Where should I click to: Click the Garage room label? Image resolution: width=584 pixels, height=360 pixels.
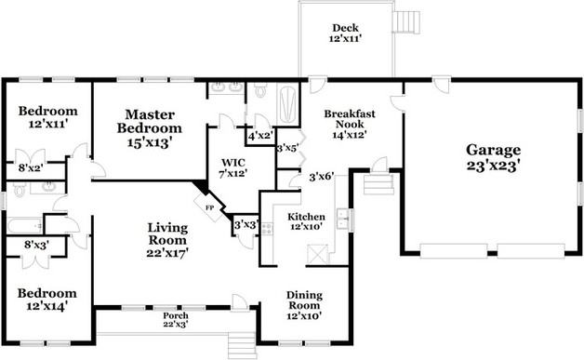[x=493, y=157]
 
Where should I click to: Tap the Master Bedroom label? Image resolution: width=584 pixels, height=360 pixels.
[x=150, y=128]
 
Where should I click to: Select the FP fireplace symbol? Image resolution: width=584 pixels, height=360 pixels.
[x=209, y=207]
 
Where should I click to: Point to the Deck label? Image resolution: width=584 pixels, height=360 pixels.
[x=345, y=33]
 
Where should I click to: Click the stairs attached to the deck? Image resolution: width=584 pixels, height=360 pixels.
[x=407, y=22]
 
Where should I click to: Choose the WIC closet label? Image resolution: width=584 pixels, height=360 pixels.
[x=233, y=167]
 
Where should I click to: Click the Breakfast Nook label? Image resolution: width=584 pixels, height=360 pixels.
[x=350, y=124]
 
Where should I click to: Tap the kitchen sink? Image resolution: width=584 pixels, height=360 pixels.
[x=343, y=218]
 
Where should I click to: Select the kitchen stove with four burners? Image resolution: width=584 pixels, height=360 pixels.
[x=267, y=229]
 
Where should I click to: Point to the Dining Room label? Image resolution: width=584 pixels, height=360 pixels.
[x=304, y=305]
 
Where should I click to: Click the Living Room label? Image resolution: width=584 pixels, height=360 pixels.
[x=167, y=240]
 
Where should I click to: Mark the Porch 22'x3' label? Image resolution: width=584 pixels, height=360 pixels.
[x=176, y=320]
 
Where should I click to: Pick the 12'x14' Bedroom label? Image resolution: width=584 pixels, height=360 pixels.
[x=47, y=300]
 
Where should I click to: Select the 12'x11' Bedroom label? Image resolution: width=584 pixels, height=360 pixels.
[x=48, y=117]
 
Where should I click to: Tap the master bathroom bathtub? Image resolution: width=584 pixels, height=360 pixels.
[x=288, y=104]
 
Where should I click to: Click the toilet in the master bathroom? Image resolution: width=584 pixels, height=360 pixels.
[x=260, y=90]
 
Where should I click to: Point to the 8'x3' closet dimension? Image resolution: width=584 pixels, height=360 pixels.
[x=36, y=245]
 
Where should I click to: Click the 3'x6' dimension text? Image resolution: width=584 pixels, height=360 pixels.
[x=322, y=176]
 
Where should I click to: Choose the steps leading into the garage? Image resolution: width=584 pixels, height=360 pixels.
[x=378, y=184]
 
